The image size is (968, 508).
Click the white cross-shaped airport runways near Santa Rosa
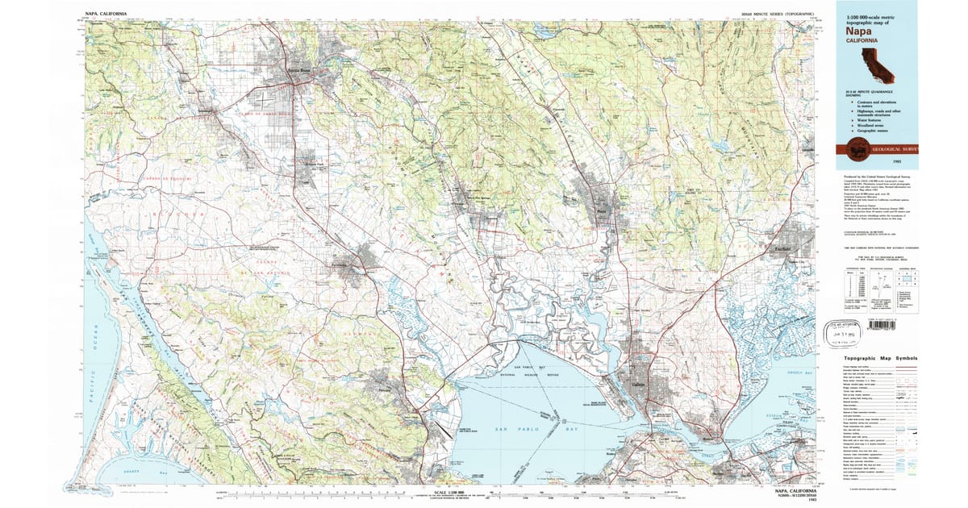(x=264, y=100)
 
